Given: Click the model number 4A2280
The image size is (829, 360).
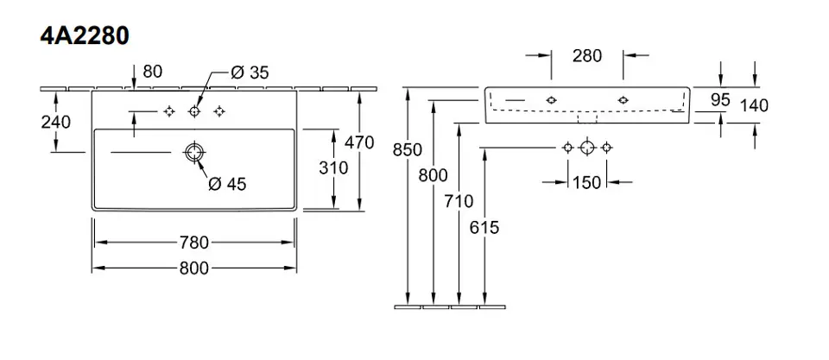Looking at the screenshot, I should click(x=84, y=36).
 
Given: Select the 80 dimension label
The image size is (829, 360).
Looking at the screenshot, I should click(x=152, y=72).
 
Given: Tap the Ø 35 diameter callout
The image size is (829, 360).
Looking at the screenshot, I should click(x=250, y=73).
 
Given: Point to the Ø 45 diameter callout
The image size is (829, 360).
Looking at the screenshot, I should click(x=228, y=183).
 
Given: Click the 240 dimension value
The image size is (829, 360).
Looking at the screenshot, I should click(x=55, y=122).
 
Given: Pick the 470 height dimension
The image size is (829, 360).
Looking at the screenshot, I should click(x=358, y=142).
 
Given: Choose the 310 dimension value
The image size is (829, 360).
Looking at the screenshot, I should click(x=333, y=167).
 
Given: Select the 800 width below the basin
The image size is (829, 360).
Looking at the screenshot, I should click(x=194, y=268).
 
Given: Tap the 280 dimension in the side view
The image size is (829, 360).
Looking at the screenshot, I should click(x=587, y=57).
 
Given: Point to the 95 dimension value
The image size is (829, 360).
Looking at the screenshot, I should click(x=720, y=100).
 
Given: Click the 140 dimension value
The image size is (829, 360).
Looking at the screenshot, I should click(x=754, y=105).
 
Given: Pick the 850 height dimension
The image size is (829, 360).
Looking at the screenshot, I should click(x=407, y=149).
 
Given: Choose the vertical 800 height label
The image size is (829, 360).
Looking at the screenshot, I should click(x=433, y=175).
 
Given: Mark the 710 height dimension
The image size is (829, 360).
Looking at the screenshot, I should click(x=459, y=201).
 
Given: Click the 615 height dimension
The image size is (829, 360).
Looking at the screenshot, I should click(x=485, y=227).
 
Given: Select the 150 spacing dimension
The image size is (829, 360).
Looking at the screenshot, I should click(x=587, y=182).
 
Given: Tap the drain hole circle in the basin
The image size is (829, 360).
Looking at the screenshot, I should click(x=193, y=154).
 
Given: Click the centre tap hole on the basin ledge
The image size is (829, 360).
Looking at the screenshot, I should click(x=194, y=111).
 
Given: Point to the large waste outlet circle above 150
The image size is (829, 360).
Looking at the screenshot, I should click(x=587, y=147).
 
